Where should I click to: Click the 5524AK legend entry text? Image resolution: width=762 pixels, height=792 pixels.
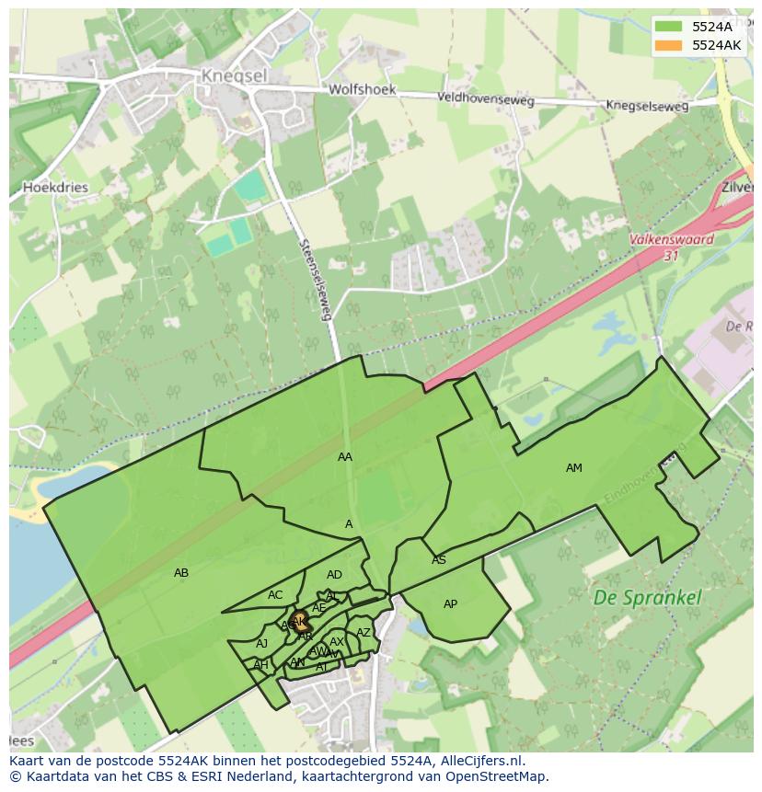pos(716,45)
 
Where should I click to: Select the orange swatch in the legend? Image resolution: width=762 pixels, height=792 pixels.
pos(669,45)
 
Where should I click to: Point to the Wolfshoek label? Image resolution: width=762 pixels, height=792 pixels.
pos(362,90)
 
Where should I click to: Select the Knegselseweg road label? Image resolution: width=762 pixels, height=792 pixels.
pos(646,106)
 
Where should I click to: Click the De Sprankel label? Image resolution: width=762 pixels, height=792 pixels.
pos(647,598)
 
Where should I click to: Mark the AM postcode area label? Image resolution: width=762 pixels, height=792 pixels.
pos(573,468)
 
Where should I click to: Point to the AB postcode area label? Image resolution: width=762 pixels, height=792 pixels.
pos(181,573)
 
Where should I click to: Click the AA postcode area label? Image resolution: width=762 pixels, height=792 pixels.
pos(345,457)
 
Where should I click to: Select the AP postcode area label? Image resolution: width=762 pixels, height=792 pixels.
pos(450,604)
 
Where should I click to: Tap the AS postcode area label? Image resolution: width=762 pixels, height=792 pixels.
pos(439,560)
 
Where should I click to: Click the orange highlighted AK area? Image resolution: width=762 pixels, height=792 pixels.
pos(299,622)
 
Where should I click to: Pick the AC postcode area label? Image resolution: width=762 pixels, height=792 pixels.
pos(275,595)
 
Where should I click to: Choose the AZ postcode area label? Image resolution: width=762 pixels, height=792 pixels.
pos(364,633)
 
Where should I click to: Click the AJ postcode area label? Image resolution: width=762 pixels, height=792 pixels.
pos(261,644)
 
